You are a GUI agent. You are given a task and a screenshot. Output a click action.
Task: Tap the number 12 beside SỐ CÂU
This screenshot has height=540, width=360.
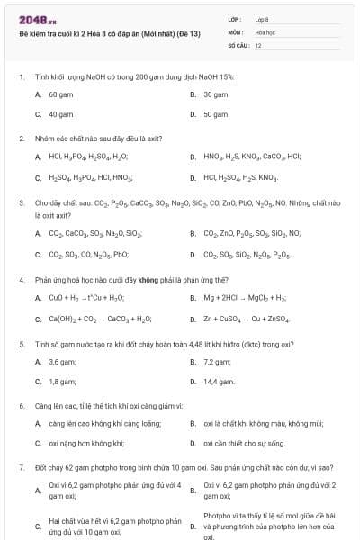pyautogui.click(x=258, y=44)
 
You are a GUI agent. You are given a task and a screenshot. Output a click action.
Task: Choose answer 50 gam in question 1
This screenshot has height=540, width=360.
pyautogui.click(x=215, y=114)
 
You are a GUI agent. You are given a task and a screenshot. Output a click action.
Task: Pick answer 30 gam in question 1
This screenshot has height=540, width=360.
pyautogui.click(x=215, y=94)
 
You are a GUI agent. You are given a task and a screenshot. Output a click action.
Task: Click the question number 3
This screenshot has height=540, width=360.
pyautogui.click(x=21, y=203)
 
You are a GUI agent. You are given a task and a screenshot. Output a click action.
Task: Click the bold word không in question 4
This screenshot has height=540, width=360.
pyautogui.click(x=148, y=280)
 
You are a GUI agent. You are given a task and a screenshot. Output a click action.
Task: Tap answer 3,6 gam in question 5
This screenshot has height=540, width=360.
pyautogui.click(x=62, y=362)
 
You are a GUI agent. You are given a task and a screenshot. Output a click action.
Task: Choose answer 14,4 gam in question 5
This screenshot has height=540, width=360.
pyautogui.click(x=219, y=382)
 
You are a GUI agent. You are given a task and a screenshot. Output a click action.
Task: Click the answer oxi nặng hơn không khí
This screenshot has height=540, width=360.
pyautogui.click(x=85, y=443)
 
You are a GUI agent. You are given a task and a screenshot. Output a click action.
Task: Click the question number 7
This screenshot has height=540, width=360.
pyautogui.click(x=21, y=468)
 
